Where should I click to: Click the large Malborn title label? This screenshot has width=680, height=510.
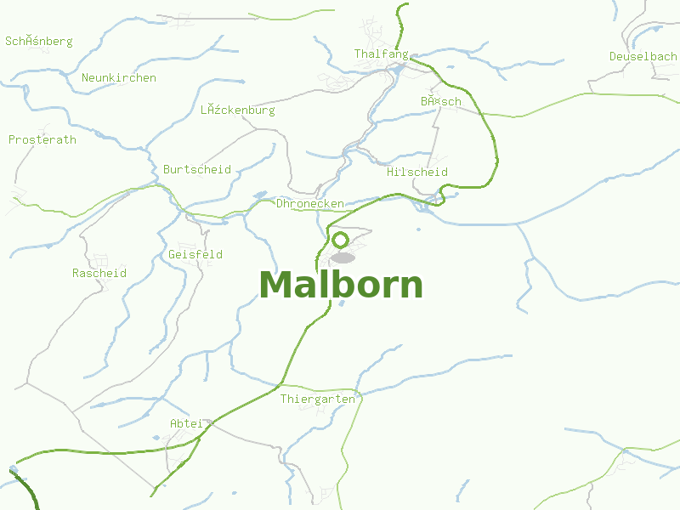[341, 285]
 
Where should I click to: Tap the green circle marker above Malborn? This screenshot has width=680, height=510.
[341, 240]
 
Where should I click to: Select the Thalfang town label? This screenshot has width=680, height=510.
[381, 54]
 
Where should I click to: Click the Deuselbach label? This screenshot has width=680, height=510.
[643, 56]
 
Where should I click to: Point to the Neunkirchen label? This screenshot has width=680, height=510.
[119, 77]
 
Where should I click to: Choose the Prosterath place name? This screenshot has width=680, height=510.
[42, 139]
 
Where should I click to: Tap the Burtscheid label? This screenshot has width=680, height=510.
[197, 169]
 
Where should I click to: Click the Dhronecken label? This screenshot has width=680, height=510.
[310, 204]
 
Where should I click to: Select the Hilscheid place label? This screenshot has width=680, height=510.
[416, 172]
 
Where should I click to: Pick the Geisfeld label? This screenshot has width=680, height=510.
[195, 254]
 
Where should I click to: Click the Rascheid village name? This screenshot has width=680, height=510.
[99, 273]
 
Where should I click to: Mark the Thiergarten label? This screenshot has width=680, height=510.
[317, 399]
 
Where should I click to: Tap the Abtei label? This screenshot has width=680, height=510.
[186, 422]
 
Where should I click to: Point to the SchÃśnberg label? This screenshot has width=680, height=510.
[39, 41]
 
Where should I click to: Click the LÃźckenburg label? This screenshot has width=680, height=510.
[238, 110]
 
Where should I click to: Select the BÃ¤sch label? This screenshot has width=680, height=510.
[440, 101]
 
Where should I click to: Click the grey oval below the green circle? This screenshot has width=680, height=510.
[343, 258]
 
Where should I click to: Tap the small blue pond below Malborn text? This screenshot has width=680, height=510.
[341, 303]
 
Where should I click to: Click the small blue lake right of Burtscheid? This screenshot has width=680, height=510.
[259, 195]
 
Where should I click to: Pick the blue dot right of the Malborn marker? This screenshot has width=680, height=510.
[418, 229]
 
